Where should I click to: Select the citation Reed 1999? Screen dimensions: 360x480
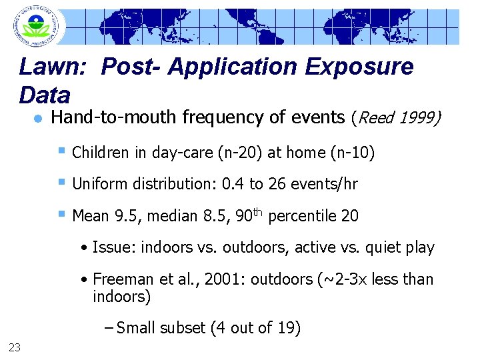tap(395, 118)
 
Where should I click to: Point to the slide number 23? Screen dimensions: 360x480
tap(14, 345)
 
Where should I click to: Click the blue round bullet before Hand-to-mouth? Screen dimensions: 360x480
tap(38, 119)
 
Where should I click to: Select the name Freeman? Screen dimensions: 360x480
tap(121, 279)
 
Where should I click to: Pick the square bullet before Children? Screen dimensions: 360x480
tap(62, 151)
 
